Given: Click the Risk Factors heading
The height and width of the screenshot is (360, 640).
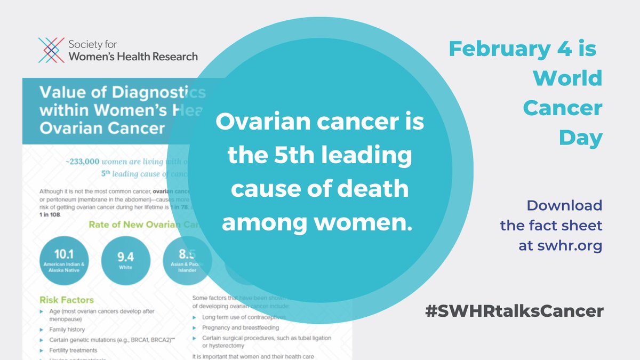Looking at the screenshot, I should (x=67, y=300).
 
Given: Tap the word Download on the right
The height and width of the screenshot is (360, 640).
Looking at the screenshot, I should (x=564, y=205).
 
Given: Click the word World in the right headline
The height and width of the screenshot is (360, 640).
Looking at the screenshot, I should (x=567, y=79).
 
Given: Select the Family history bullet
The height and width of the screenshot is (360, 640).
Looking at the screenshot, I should (x=67, y=330).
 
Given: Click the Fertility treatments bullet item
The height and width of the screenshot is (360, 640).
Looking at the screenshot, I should (x=73, y=350).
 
